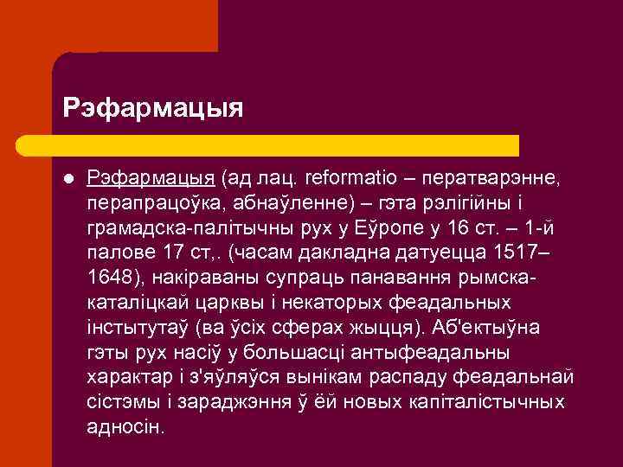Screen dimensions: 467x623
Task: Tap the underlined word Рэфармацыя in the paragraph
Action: pyautogui.click(x=151, y=178)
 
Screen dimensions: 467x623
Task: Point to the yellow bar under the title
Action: pyautogui.click(x=286, y=145)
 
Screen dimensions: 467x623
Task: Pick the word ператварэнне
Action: pyautogui.click(x=493, y=178)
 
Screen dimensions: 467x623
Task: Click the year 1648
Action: pyautogui.click(x=108, y=278)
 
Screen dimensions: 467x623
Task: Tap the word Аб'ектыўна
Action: pyautogui.click(x=487, y=328)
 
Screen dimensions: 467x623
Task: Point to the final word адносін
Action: pyautogui.click(x=125, y=427)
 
